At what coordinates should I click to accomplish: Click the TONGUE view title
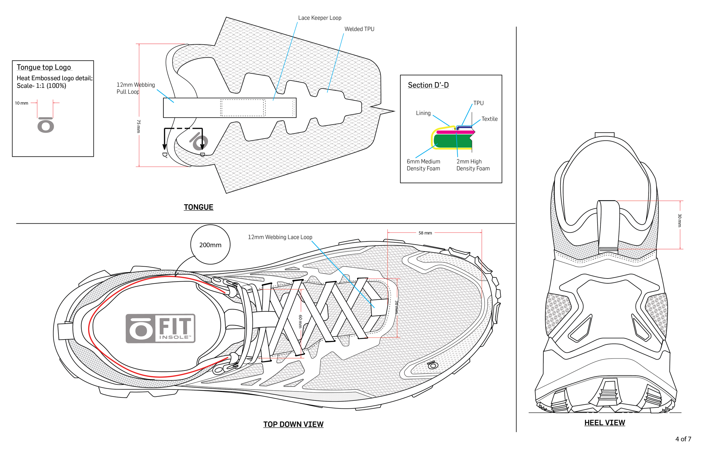(x=199, y=207)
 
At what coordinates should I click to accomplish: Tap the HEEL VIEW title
(x=604, y=423)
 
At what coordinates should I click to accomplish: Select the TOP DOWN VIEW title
(x=293, y=424)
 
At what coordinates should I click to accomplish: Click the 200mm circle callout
(x=210, y=245)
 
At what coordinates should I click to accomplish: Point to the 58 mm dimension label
(x=425, y=233)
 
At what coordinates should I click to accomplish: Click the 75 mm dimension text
(x=138, y=126)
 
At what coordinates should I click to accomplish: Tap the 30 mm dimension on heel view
(x=679, y=221)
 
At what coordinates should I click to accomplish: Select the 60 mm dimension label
(x=300, y=321)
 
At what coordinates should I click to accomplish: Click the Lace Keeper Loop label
(x=319, y=18)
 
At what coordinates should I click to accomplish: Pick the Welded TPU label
(x=359, y=29)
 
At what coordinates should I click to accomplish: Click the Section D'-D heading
(x=428, y=85)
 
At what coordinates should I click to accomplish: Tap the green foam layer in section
(x=452, y=141)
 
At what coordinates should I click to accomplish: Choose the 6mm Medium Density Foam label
(x=423, y=165)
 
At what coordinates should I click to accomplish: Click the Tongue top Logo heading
(x=43, y=67)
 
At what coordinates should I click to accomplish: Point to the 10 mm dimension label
(x=22, y=103)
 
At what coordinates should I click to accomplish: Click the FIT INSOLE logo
(x=160, y=328)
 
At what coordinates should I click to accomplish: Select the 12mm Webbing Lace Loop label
(x=280, y=237)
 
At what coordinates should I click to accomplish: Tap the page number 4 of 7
(x=683, y=439)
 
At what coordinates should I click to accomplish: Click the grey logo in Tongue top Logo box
(x=46, y=125)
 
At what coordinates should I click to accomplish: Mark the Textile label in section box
(x=489, y=119)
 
